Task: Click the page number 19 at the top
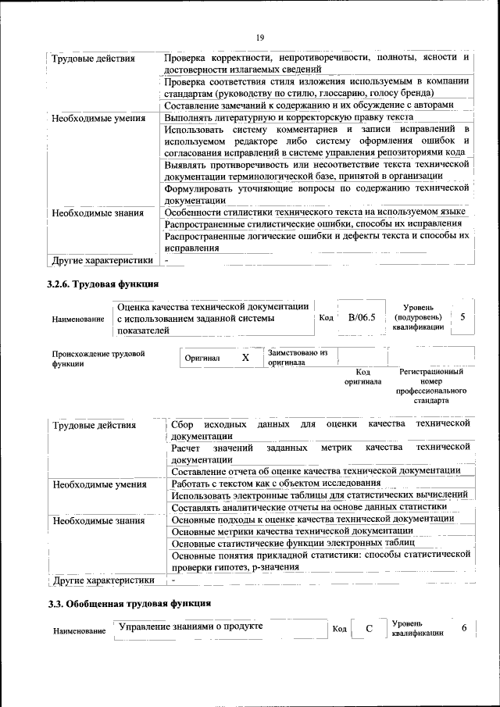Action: click(260, 37)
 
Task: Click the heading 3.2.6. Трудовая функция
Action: click(103, 284)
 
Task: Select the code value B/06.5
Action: click(362, 318)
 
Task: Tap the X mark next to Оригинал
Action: click(245, 358)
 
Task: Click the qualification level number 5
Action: click(463, 317)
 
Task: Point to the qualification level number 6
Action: click(464, 628)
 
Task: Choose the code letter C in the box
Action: click(369, 629)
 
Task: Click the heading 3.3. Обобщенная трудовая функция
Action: click(129, 604)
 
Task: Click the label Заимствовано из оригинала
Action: click(297, 359)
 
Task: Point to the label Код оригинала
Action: click(362, 377)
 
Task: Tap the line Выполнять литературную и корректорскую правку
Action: click(289, 117)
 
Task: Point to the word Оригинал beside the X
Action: click(202, 359)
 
